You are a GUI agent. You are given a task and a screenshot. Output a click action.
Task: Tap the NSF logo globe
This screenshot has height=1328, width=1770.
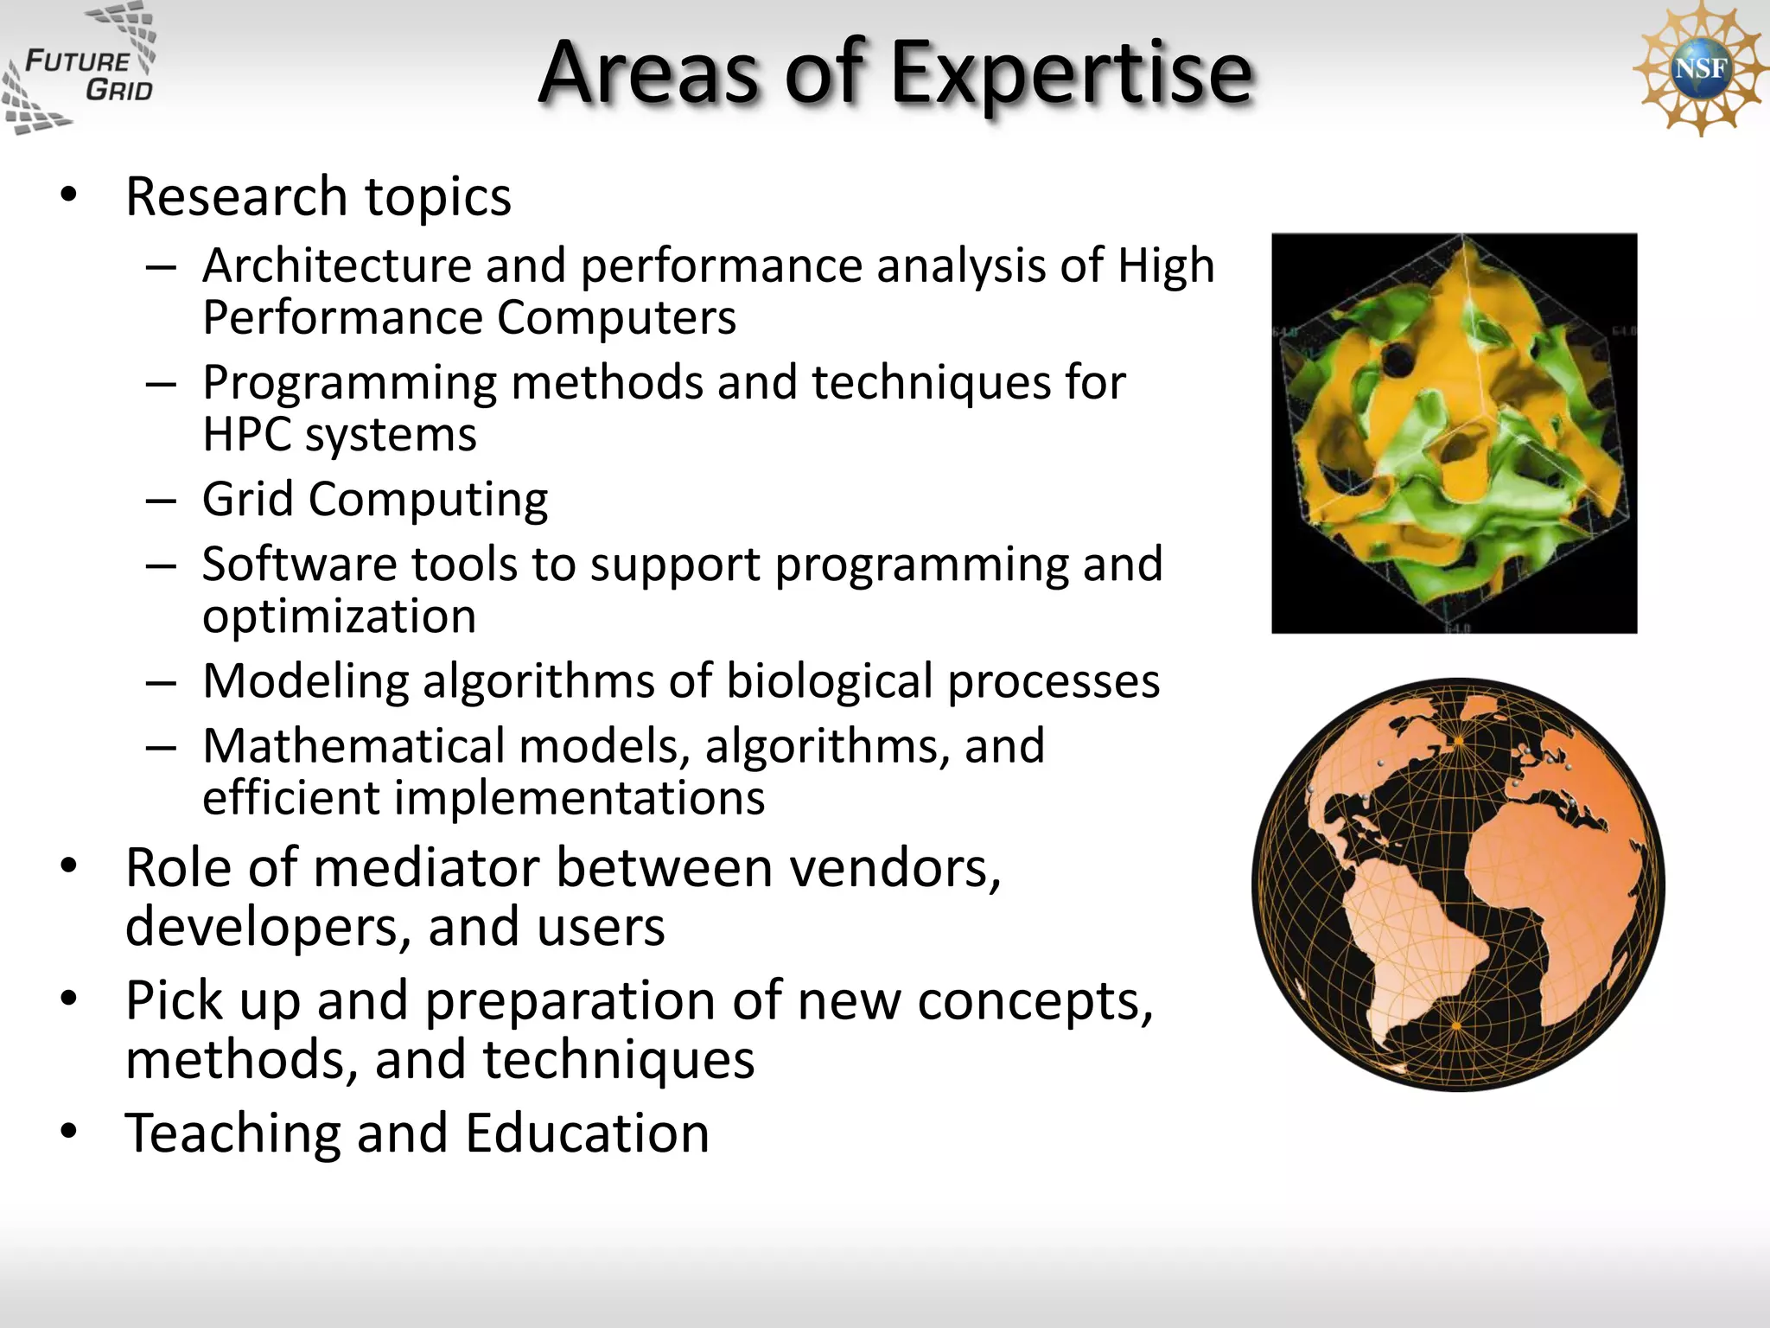(1700, 67)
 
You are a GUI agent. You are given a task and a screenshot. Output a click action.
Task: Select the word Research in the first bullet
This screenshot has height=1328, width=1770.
(236, 196)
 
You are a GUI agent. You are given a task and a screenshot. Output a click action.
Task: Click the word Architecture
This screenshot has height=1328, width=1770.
(336, 265)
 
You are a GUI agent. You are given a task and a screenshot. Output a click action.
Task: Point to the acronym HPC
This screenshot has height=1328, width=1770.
(246, 434)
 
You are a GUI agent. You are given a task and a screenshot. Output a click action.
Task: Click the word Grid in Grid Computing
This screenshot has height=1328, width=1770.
(247, 499)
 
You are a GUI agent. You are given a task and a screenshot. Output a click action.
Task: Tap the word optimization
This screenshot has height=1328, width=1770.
(339, 616)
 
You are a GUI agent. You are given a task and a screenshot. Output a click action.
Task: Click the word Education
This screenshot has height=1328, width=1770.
(587, 1133)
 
